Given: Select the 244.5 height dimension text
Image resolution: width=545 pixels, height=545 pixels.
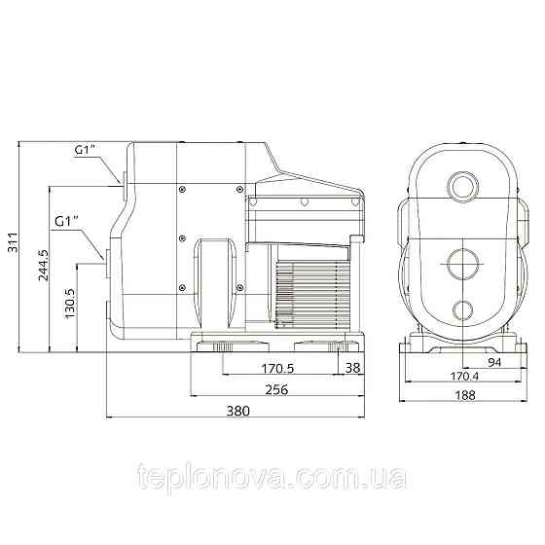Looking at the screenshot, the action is click(43, 265).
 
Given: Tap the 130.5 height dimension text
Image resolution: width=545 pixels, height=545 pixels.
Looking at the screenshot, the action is click(69, 304).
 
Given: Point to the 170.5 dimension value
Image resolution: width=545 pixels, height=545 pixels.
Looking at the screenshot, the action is click(277, 368).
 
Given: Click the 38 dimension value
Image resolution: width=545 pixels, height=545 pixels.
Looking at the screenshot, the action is click(352, 368).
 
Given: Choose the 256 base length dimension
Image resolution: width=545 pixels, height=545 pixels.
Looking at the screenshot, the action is click(276, 389).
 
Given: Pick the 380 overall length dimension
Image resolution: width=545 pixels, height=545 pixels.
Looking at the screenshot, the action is click(238, 411).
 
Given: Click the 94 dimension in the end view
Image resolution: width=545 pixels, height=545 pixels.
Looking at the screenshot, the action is click(494, 362).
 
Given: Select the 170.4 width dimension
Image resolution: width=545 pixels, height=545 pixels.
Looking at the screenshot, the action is click(464, 376).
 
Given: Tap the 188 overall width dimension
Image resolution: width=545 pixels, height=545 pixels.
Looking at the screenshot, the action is click(465, 395).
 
